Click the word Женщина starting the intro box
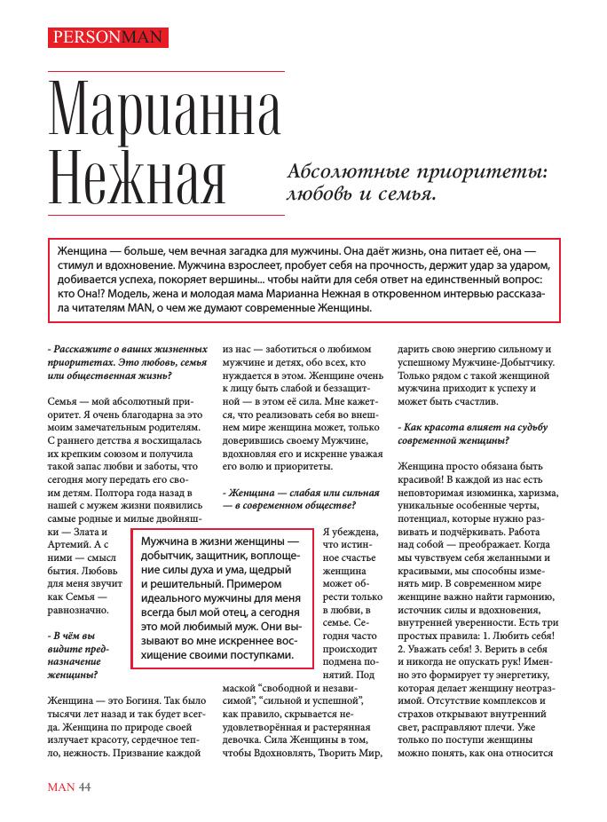point(83,250)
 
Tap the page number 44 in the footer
point(85,786)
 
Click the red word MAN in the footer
point(60,786)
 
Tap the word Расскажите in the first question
point(85,349)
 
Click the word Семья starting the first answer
point(65,401)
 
